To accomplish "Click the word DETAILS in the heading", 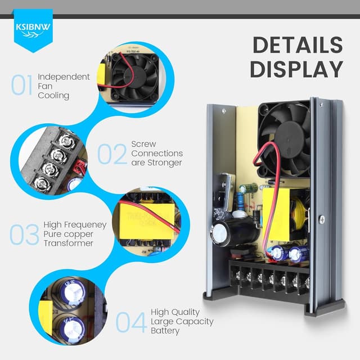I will pyautogui.click(x=297, y=46).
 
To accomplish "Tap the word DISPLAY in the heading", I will pyautogui.click(x=296, y=69).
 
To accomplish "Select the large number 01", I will pyautogui.click(x=22, y=85).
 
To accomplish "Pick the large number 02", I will pyautogui.click(x=112, y=154).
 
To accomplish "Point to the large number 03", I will pyautogui.click(x=25, y=235).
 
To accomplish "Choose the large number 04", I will pyautogui.click(x=132, y=321).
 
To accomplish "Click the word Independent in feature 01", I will pyautogui.click(x=64, y=76).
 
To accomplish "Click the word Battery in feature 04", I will pyautogui.click(x=165, y=331).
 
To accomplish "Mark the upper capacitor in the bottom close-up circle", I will pyautogui.click(x=72, y=292).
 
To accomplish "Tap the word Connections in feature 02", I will pyautogui.click(x=157, y=153).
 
